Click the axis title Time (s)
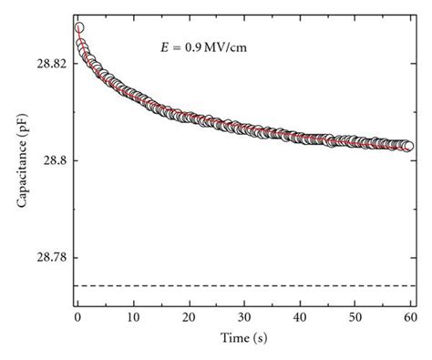(x=243, y=337)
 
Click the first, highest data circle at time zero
(x=79, y=28)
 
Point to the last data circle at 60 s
(x=408, y=146)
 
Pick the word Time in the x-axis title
(x=233, y=337)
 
